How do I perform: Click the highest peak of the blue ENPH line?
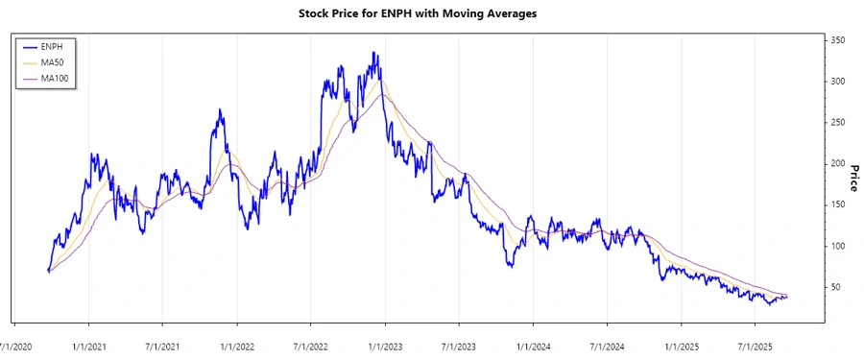coord(374,54)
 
